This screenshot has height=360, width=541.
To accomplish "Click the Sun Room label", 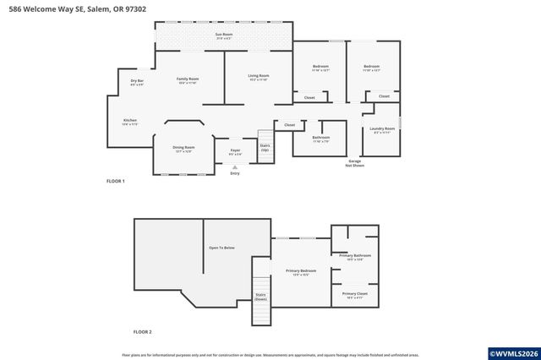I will click(224, 35).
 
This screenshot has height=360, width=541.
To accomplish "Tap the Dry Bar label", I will click(137, 82).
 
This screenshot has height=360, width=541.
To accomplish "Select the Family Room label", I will click(187, 80).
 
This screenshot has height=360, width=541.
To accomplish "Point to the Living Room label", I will click(258, 77).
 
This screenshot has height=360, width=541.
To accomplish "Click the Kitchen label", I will click(130, 122).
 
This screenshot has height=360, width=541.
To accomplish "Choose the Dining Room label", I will click(183, 149).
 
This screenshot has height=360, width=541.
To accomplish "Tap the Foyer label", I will click(235, 153).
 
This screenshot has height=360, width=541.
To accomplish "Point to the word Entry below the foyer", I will click(235, 173).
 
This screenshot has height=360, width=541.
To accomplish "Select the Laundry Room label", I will click(383, 130).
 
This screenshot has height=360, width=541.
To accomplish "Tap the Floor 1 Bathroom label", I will click(321, 139).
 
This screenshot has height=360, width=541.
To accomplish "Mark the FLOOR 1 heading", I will click(115, 182).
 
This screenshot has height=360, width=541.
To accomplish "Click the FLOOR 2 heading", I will click(143, 333).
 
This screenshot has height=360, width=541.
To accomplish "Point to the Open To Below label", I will click(221, 248).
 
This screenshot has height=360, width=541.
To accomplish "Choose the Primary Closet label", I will click(355, 296).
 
